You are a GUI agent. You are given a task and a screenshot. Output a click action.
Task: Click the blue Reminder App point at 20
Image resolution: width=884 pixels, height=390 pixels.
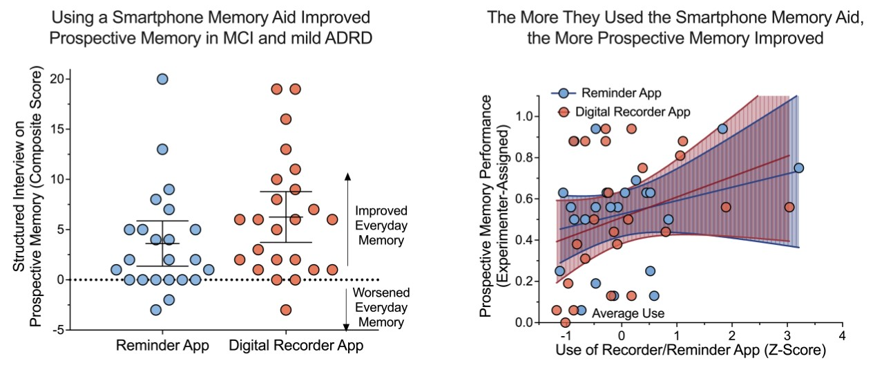(162, 79)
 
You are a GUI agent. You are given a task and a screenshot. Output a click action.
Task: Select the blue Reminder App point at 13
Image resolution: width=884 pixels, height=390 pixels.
(162, 149)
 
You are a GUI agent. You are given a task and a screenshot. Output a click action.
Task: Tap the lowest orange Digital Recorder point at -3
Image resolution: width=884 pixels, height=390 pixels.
(286, 310)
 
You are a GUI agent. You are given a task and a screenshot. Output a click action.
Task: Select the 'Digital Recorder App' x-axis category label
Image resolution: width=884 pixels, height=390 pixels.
(296, 346)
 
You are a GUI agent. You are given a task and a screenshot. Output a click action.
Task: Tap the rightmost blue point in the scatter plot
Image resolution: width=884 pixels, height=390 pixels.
(799, 167)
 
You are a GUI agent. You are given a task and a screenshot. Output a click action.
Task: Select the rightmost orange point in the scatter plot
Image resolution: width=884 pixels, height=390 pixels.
(789, 207)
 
